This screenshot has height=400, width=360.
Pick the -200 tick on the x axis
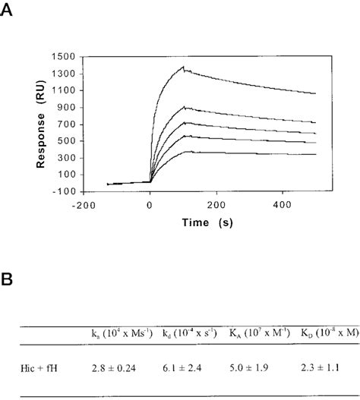pyautogui.click(x=84, y=205)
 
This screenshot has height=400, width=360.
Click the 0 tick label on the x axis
pyautogui.click(x=150, y=205)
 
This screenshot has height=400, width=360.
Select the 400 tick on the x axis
pyautogui.click(x=283, y=205)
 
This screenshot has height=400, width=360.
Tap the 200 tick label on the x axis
pyautogui.click(x=216, y=205)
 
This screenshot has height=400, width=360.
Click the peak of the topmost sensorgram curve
pyautogui.click(x=183, y=67)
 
